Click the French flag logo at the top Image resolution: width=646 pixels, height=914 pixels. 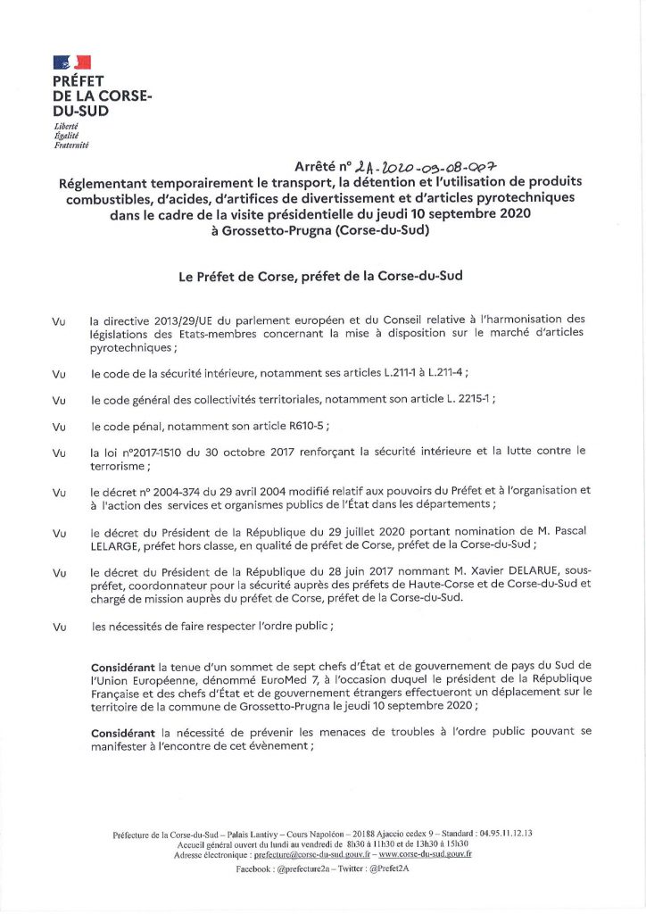tap(72, 62)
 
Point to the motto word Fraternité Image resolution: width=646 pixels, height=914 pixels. tap(71, 144)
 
